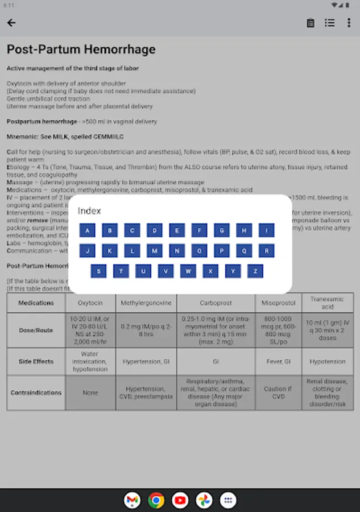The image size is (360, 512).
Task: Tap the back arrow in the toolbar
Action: [x=11, y=23]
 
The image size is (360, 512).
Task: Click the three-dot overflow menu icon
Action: [x=349, y=23]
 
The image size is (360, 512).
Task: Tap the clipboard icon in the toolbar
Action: [x=311, y=23]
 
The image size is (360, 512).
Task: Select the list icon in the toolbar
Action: [x=330, y=23]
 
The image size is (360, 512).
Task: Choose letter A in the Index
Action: [x=87, y=230]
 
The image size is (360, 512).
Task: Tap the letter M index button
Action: [x=154, y=250]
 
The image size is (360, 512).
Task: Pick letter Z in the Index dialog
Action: [x=255, y=271]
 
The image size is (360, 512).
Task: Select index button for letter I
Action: [x=266, y=230]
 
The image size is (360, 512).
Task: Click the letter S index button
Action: [x=98, y=271]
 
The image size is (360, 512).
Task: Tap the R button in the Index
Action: [x=266, y=250]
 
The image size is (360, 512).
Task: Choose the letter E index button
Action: [x=177, y=230]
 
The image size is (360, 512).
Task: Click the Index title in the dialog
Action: [x=89, y=210]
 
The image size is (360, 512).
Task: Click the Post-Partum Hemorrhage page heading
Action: [x=81, y=49]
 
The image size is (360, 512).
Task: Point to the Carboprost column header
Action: [x=216, y=303]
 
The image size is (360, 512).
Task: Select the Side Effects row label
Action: [x=36, y=361]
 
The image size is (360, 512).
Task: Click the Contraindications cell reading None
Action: [x=90, y=393]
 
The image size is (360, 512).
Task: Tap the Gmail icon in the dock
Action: [x=132, y=500]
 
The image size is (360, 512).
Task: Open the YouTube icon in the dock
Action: [x=180, y=500]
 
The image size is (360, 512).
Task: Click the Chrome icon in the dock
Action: [x=156, y=500]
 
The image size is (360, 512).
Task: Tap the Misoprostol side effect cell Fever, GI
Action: [x=279, y=361]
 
